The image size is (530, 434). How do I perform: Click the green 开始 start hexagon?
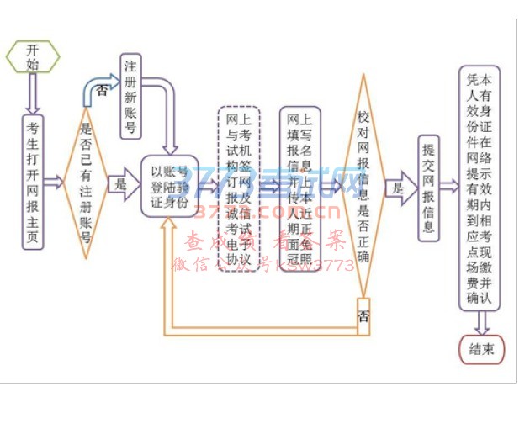click(x=33, y=56)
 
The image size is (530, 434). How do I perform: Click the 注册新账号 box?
click(x=130, y=96)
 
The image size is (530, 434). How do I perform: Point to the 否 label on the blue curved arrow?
click(x=102, y=89)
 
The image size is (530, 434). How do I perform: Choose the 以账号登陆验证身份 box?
click(x=169, y=185)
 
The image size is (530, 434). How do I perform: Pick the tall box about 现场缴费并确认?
click(x=480, y=188)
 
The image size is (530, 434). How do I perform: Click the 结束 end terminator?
click(x=482, y=348)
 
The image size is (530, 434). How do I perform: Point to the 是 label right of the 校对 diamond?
click(x=397, y=188)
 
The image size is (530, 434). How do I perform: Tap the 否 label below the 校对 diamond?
click(x=363, y=316)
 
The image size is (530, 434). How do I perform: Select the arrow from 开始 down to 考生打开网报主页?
click(x=33, y=93)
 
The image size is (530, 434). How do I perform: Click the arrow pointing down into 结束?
click(x=482, y=322)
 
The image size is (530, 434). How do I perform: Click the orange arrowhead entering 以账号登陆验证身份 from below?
click(x=169, y=225)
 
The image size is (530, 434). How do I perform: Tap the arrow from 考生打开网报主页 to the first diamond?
click(x=54, y=183)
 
